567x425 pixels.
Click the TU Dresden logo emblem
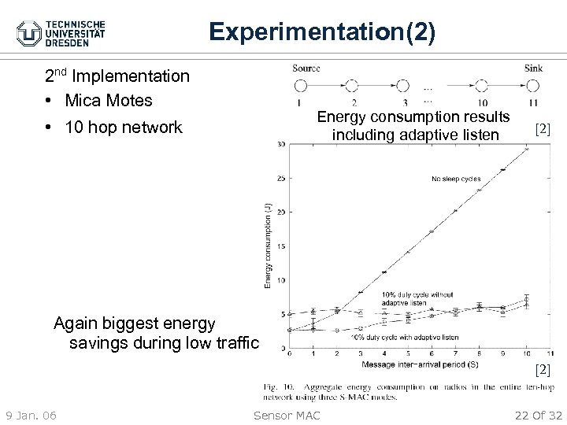[30, 33]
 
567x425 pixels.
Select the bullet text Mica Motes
[109, 101]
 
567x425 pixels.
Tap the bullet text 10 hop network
[124, 127]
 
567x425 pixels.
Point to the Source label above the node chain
[306, 68]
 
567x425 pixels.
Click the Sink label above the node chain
[533, 68]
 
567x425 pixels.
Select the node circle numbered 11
[534, 86]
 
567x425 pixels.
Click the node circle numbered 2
[354, 86]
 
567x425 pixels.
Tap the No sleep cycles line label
[455, 179]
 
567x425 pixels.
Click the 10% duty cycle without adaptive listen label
[417, 298]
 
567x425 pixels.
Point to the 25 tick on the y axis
[282, 178]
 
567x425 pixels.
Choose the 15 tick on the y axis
[282, 246]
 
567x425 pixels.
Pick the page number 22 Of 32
[536, 415]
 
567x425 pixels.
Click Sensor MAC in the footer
[287, 415]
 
